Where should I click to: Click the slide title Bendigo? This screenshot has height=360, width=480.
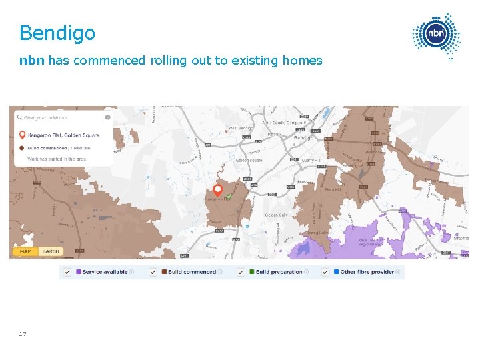click(x=57, y=33)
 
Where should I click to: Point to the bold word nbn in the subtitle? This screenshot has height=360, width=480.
click(x=32, y=61)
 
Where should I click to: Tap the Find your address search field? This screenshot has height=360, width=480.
click(x=60, y=118)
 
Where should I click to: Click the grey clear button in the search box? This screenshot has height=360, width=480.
click(x=107, y=117)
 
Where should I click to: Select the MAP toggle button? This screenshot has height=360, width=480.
click(x=25, y=251)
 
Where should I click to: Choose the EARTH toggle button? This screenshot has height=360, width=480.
click(x=49, y=251)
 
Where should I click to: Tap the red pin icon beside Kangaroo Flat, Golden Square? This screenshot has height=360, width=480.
click(x=22, y=135)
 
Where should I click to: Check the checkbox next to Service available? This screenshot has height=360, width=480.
click(x=68, y=272)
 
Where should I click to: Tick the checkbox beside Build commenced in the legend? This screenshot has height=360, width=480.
click(x=153, y=272)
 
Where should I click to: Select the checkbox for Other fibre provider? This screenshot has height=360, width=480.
click(x=325, y=272)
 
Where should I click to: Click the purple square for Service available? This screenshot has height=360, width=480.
click(x=79, y=272)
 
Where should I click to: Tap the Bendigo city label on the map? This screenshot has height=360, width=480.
click(x=303, y=137)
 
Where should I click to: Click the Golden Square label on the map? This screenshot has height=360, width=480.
click(x=248, y=161)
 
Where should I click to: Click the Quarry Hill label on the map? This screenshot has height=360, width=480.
click(x=312, y=160)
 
